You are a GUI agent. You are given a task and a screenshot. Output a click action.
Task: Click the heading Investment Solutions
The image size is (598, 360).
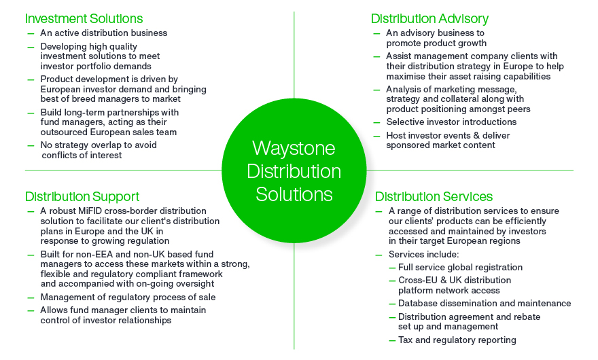click(x=84, y=19)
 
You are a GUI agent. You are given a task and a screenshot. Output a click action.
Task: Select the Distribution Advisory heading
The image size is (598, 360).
click(x=429, y=19)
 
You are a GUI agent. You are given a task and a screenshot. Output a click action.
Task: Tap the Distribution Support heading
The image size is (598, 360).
click(x=82, y=197)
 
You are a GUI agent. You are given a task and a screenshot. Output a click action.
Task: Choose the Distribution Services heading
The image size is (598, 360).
click(x=434, y=197)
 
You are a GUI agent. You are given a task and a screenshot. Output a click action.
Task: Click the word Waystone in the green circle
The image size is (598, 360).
click(x=294, y=148)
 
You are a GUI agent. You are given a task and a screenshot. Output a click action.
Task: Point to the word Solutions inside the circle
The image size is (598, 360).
click(x=294, y=194)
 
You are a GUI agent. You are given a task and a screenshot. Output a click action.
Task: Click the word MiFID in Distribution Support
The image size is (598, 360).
click(x=90, y=211)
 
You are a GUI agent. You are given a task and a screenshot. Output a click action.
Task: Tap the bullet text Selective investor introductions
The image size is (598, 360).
click(x=451, y=122)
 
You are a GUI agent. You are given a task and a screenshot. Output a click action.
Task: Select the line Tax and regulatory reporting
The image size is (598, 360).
click(x=457, y=340)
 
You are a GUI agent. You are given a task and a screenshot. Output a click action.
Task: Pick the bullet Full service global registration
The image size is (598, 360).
click(x=460, y=268)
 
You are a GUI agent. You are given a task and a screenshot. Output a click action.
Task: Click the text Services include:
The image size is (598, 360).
click(x=424, y=254)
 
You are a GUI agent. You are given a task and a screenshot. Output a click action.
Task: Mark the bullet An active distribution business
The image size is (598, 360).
click(x=104, y=33)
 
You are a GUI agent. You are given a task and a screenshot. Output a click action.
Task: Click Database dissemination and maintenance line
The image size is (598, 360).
click(x=485, y=303)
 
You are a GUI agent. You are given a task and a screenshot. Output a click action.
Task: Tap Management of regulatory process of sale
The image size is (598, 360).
click(x=128, y=297)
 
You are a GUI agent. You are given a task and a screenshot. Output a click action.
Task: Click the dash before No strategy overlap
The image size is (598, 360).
click(x=31, y=145)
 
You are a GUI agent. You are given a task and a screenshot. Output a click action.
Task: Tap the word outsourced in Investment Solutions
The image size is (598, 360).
click(x=64, y=132)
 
